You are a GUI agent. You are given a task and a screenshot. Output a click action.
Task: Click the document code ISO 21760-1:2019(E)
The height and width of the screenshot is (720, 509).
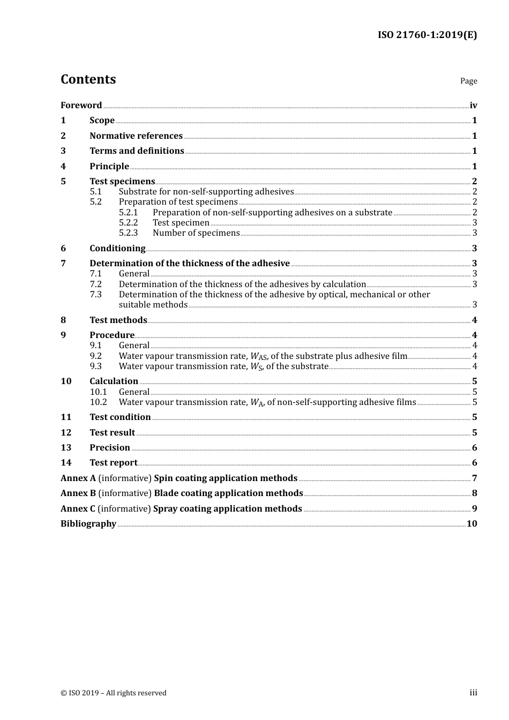(427, 35)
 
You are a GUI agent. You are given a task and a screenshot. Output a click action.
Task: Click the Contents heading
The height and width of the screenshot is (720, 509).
(88, 79)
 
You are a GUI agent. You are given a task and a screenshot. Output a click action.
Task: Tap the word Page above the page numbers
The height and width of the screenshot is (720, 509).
(468, 81)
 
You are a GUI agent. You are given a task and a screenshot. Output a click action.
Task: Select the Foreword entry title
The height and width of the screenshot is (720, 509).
(81, 105)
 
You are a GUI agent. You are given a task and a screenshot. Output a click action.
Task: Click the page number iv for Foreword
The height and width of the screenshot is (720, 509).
(473, 105)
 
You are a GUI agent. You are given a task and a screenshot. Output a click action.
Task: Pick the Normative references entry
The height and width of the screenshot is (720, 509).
(136, 136)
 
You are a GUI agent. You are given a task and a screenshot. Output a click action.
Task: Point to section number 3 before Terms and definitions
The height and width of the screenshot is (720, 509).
(63, 151)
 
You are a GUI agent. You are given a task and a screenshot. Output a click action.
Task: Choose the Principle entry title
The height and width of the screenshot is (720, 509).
(109, 166)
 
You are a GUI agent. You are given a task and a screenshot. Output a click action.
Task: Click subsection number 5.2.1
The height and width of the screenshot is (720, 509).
(128, 212)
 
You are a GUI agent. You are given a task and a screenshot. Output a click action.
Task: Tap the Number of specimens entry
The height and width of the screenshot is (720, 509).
(196, 232)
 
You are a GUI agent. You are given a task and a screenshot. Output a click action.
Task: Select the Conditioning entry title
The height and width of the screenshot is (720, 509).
(117, 248)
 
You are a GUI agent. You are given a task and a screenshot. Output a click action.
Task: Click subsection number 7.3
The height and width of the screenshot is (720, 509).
(95, 294)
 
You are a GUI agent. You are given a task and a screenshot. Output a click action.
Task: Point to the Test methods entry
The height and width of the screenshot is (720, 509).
(118, 320)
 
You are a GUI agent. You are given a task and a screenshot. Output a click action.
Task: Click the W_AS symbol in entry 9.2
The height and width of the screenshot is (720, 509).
(258, 356)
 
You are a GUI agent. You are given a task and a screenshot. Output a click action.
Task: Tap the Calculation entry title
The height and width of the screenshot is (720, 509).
(114, 381)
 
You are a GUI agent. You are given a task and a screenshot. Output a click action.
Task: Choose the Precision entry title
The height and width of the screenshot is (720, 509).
(110, 447)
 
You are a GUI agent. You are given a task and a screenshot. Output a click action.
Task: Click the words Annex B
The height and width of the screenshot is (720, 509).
(78, 493)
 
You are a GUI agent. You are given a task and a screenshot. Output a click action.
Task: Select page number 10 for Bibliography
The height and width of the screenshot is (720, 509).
(471, 523)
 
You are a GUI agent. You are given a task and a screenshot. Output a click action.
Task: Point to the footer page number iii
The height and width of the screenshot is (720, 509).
(473, 692)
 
